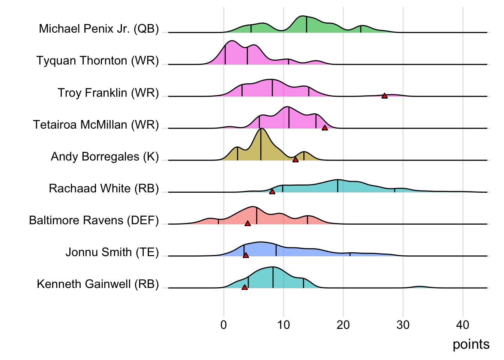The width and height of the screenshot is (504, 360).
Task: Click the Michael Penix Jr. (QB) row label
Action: coord(99,29)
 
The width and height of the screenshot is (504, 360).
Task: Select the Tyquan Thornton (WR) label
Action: coord(97,61)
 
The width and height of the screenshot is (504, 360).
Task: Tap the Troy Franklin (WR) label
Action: coord(108,93)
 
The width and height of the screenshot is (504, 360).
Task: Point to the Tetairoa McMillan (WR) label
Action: coord(96,124)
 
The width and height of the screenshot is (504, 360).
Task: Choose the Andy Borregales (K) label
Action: coord(105,156)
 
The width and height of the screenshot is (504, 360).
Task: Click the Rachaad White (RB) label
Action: coord(104,188)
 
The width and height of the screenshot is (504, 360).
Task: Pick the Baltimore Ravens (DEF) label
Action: coord(94,220)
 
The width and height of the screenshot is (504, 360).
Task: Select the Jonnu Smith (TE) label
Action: coord(112,252)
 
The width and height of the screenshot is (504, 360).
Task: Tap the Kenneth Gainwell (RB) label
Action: coord(98,284)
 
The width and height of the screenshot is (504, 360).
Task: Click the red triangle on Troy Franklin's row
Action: coord(384,96)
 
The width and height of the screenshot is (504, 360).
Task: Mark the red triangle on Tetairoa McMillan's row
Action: coord(325,128)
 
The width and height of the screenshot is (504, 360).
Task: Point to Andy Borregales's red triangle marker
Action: coord(295,160)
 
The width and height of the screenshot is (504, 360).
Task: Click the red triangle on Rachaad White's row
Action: coord(272,192)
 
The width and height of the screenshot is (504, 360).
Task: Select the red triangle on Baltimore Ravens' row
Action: coord(247,223)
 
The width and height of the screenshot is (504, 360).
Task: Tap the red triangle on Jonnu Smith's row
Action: coord(246,255)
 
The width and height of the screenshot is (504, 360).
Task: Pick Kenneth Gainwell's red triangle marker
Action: coord(244,287)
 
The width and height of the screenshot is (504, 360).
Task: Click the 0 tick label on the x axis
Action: coord(224,325)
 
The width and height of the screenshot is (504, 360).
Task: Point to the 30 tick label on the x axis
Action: coord(403,325)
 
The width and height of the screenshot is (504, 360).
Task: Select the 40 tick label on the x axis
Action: coord(463,325)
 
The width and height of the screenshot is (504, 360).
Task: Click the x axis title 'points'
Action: coord(471,344)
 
